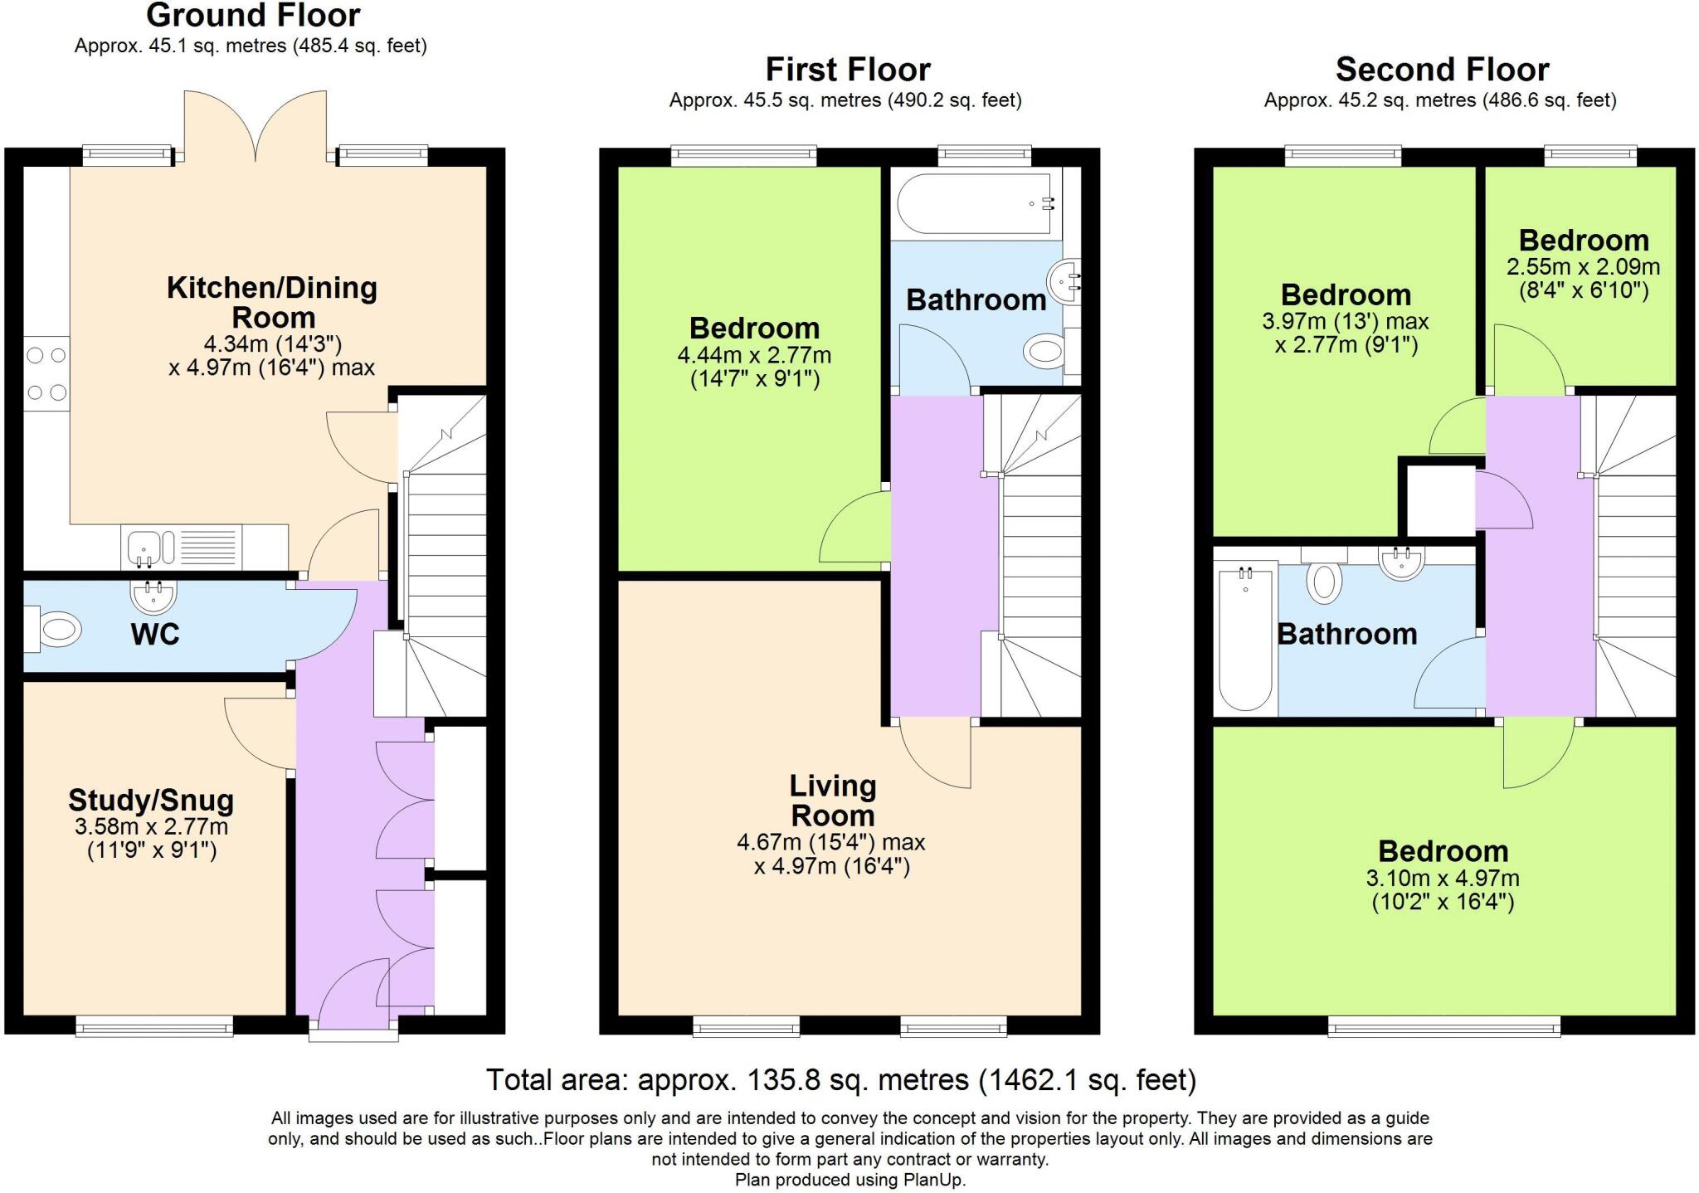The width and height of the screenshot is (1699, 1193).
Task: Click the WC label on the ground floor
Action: pyautogui.click(x=155, y=635)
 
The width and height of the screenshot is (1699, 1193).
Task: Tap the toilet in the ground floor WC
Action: pyautogui.click(x=53, y=629)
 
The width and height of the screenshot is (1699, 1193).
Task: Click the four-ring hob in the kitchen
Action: pyautogui.click(x=46, y=374)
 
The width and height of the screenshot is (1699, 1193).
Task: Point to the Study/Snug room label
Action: pyautogui.click(x=151, y=801)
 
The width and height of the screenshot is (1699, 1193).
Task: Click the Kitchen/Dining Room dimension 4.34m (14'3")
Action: pyautogui.click(x=273, y=343)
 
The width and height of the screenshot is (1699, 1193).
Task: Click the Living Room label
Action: pyautogui.click(x=833, y=801)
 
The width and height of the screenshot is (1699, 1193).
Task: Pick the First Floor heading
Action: pyautogui.click(x=848, y=69)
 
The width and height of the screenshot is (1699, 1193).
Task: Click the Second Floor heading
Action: pyautogui.click(x=1442, y=69)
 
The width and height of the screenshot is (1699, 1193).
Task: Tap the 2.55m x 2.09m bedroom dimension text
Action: pyautogui.click(x=1583, y=267)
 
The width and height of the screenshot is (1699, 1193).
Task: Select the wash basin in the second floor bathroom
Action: pyautogui.click(x=1402, y=562)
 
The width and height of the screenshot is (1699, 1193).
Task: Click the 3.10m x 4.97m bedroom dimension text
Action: pyautogui.click(x=1443, y=878)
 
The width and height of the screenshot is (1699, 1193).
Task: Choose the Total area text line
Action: pyautogui.click(x=841, y=1080)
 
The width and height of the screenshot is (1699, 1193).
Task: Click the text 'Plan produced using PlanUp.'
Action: pyautogui.click(x=850, y=1180)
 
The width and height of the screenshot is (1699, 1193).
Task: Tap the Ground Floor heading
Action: pyautogui.click(x=253, y=15)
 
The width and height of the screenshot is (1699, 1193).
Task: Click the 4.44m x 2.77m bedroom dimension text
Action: pyautogui.click(x=754, y=355)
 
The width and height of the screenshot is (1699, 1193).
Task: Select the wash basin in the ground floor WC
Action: pyautogui.click(x=153, y=594)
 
